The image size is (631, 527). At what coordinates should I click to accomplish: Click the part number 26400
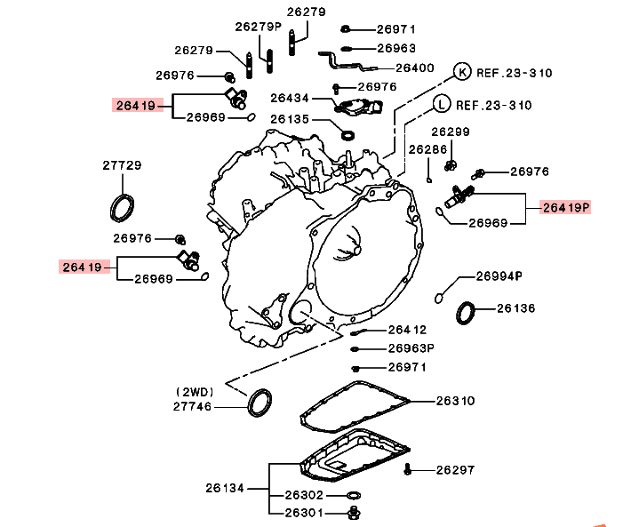pos(414,67)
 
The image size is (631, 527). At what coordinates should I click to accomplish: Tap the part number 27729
pos(122,165)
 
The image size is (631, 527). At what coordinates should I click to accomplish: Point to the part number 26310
pos(455,401)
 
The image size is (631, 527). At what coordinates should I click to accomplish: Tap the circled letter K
pos(462,70)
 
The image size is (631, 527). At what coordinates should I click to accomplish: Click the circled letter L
pos(442,104)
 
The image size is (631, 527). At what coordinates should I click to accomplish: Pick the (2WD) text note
pos(195,391)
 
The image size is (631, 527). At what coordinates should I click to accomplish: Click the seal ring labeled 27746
pos(260,402)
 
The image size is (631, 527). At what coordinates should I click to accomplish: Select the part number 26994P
pos(499,275)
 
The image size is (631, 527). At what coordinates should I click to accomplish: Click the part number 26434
pos(289,98)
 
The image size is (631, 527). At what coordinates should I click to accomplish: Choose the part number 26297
pos(455,469)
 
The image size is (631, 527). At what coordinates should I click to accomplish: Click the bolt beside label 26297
pos(408,468)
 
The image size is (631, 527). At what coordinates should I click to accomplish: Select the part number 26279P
pos(258,27)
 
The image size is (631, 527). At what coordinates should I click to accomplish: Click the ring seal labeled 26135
pos(349,134)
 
